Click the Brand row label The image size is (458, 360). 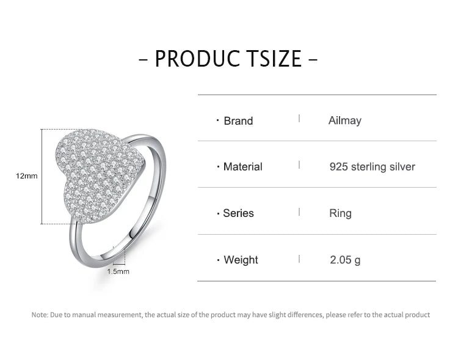point(238,121)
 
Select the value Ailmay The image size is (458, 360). point(345,120)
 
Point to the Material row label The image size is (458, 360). point(242,167)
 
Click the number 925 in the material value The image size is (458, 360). point(338,167)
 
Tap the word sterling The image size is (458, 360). point(369,167)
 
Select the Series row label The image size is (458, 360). point(238,213)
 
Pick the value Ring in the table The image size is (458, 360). point(340,213)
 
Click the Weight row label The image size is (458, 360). point(241,260)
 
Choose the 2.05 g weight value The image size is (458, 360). point(345,260)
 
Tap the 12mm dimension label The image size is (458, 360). point(27,176)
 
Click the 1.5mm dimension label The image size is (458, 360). point(118,272)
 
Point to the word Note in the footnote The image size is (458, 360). point(40,315)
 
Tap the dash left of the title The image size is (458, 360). point(144,59)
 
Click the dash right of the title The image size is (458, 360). point(313,59)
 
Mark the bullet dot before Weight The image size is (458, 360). point(218,260)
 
